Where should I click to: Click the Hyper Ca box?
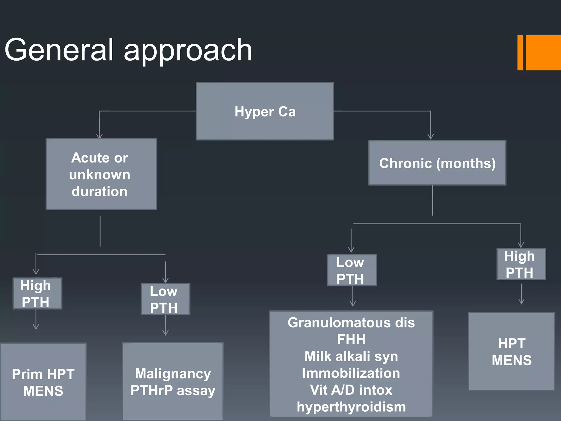pyautogui.click(x=265, y=111)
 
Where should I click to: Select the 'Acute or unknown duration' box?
pyautogui.click(x=101, y=174)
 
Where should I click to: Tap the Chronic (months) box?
pyautogui.click(x=437, y=163)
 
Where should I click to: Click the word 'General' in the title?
pyautogui.click(x=59, y=50)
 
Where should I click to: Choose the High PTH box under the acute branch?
pyautogui.click(x=38, y=294)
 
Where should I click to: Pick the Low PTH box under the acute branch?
pyautogui.click(x=165, y=299)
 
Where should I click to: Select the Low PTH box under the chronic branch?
pyautogui.click(x=352, y=270)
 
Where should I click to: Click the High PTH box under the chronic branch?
pyautogui.click(x=521, y=264)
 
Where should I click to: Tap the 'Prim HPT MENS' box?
pyautogui.click(x=43, y=382)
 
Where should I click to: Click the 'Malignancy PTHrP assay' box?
pyautogui.click(x=173, y=382)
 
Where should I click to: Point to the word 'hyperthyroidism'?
pyautogui.click(x=351, y=407)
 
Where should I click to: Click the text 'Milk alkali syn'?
pyautogui.click(x=351, y=356)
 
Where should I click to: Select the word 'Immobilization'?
pyautogui.click(x=351, y=373)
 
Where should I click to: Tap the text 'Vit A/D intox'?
pyautogui.click(x=351, y=390)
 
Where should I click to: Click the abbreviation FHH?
pyautogui.click(x=351, y=339)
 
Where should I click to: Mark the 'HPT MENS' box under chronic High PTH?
pyautogui.click(x=511, y=351)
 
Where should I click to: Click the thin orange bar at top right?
pyautogui.click(x=520, y=53)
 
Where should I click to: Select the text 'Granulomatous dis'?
pyautogui.click(x=351, y=323)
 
